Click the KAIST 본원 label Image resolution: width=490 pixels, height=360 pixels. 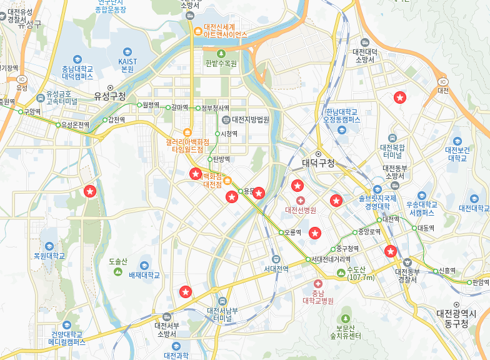point(127,65)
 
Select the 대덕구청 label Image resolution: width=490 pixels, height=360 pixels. point(318,163)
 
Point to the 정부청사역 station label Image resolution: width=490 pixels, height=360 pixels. point(215,108)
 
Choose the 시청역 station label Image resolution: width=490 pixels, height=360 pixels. point(229,133)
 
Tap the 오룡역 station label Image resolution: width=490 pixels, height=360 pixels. point(292,232)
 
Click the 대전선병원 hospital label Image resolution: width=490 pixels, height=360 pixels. point(301,209)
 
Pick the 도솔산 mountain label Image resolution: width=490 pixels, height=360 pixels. point(117,261)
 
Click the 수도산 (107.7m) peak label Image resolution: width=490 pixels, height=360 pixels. point(360,274)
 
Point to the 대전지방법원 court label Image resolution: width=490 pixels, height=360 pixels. point(250,119)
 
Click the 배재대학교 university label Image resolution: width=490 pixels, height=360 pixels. point(144,275)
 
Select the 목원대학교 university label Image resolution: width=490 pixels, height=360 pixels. point(49,256)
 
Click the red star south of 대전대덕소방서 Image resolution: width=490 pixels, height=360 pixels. point(399,97)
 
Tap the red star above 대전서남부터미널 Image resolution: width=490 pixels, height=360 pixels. point(185,291)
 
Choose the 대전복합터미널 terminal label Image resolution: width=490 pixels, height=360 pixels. point(392,150)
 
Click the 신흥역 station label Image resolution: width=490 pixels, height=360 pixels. point(447,271)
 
